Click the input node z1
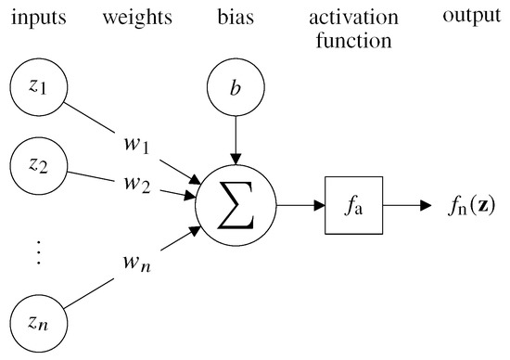[x=34, y=86]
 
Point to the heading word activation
[x=355, y=16]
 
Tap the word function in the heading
[x=355, y=40]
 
